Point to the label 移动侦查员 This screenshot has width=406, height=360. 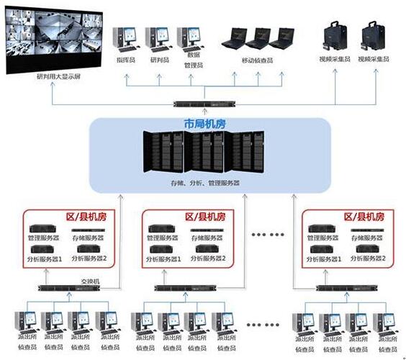tap(258, 62)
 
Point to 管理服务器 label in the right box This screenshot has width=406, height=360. tap(325, 238)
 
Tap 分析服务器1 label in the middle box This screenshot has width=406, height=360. tap(164, 258)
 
